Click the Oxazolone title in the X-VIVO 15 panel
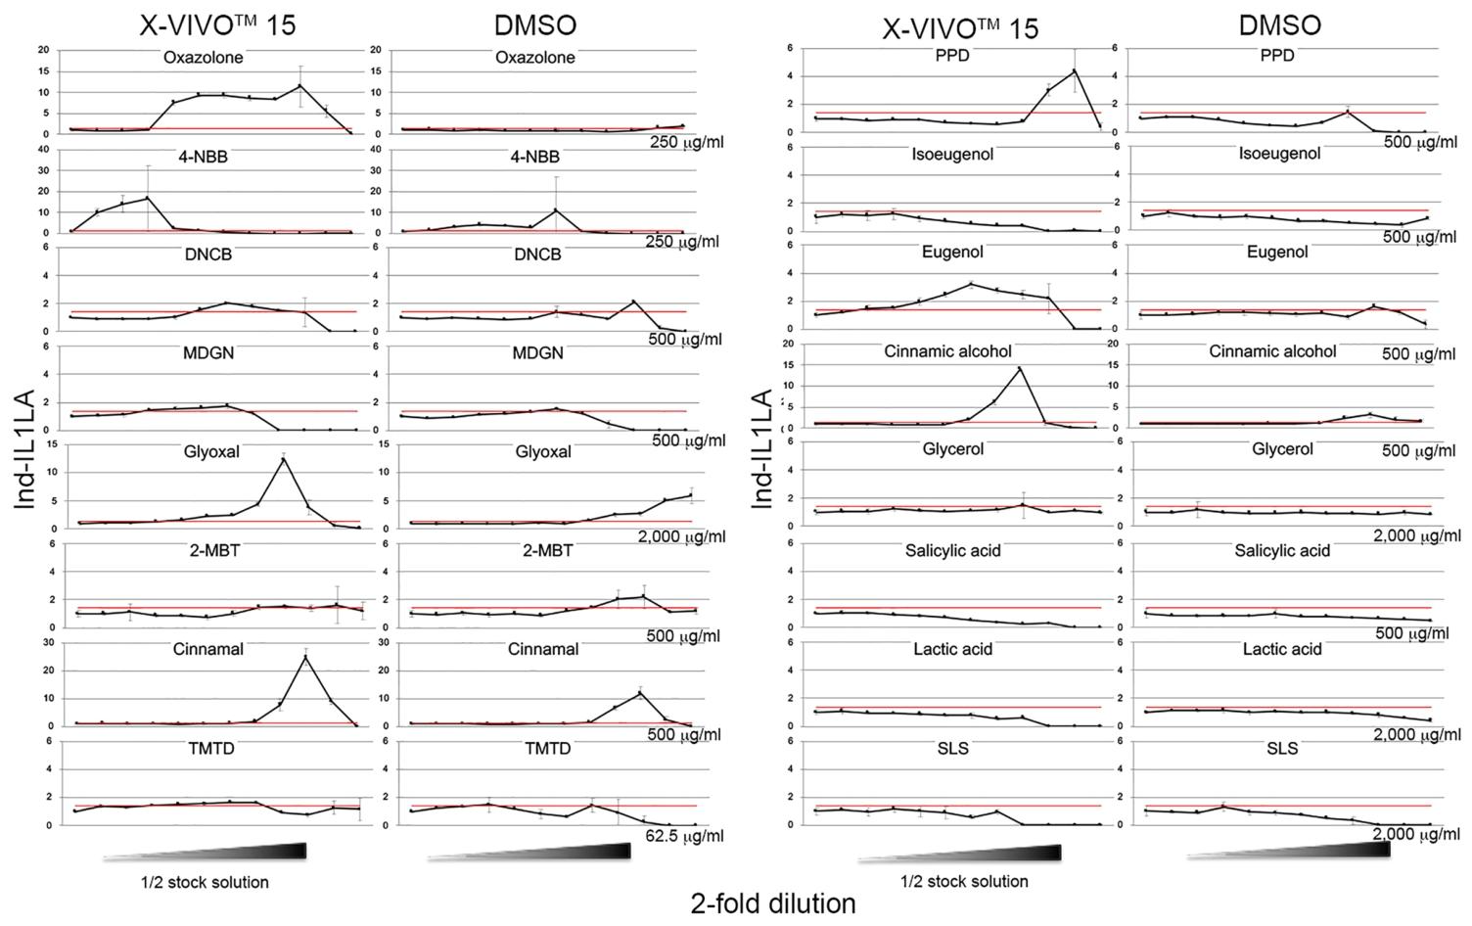[204, 58]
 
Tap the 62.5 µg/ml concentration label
[684, 836]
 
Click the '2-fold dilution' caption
[773, 903]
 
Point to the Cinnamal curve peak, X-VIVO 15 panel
[305, 657]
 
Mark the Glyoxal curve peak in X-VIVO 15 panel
[284, 459]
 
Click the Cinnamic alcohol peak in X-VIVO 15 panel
[1020, 368]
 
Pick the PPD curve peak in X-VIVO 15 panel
[1074, 69]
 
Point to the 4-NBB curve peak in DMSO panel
[556, 209]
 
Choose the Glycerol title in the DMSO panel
[1282, 449]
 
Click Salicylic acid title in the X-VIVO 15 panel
[952, 551]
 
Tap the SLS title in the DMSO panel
[1282, 749]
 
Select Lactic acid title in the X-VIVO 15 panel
[952, 649]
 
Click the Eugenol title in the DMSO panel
[1277, 253]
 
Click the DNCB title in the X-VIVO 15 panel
[208, 255]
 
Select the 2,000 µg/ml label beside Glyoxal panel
[681, 536]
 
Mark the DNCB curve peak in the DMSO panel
[633, 301]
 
